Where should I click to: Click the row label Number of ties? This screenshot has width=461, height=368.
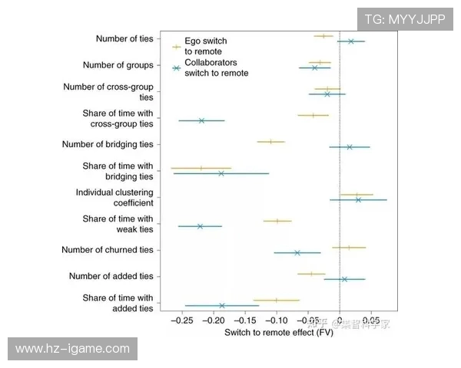tap(124, 38)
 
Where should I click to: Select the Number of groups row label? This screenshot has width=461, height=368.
tap(118, 65)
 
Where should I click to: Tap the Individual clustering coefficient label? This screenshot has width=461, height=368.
tap(114, 197)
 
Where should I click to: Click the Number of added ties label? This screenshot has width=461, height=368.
tap(111, 276)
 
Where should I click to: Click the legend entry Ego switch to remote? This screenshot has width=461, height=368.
tap(205, 45)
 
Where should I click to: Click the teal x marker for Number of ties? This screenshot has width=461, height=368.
tap(351, 41)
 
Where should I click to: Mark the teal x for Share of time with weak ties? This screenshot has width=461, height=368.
tap(200, 226)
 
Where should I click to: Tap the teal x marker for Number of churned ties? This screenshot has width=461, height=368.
tap(297, 253)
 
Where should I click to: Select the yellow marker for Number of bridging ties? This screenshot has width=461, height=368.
tap(270, 141)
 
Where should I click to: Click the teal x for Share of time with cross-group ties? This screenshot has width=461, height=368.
tap(201, 120)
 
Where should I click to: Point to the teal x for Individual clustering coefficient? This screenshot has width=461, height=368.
tap(358, 200)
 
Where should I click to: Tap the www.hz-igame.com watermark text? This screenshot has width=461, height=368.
tap(73, 349)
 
